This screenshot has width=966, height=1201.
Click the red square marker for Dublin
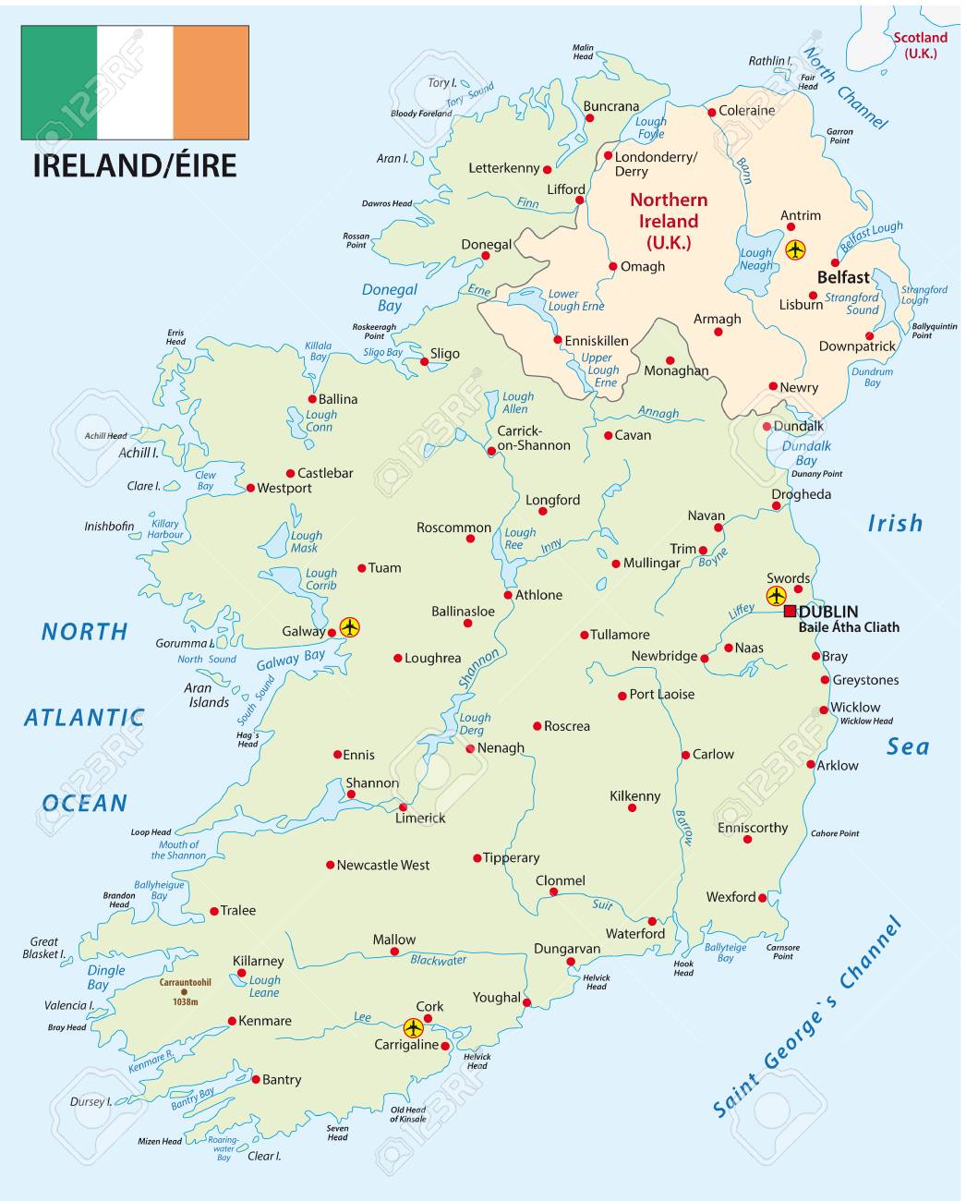point(790,612)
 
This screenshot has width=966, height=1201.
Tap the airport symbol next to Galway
point(349,627)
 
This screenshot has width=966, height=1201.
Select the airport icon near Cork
point(413,1027)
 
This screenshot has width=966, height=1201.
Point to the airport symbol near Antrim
point(795,249)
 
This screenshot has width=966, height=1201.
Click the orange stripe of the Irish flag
point(211,82)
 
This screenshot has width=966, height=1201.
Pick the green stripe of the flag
point(59,82)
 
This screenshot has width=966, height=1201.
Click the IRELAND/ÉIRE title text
point(135,165)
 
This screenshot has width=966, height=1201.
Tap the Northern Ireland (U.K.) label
point(669,221)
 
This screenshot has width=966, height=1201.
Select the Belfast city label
point(843,277)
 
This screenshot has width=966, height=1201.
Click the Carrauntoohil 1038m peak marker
point(184,992)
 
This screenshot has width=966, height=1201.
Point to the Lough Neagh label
point(755,259)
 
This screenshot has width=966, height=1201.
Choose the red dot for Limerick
point(403,807)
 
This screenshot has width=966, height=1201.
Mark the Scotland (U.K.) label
point(920,45)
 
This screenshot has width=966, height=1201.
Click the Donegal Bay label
point(390,297)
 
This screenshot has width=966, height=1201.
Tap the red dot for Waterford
point(652,921)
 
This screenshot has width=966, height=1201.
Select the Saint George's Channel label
point(807,1017)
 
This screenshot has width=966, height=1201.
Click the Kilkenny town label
point(635,795)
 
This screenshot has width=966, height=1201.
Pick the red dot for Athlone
point(508,595)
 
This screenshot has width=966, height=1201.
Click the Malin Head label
point(583,52)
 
